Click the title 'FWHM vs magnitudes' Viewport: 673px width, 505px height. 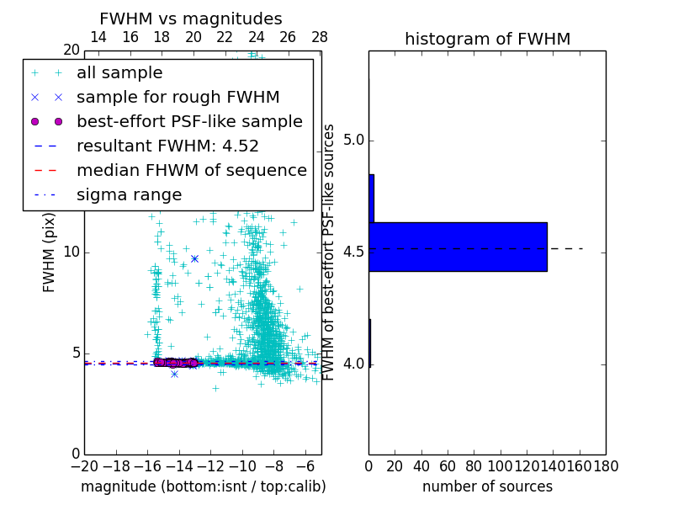point(191,19)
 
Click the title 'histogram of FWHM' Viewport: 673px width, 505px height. point(487,39)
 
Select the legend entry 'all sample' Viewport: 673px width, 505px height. point(119,73)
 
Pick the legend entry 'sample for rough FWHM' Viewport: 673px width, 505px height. point(178,97)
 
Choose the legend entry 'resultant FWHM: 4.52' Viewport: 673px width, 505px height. point(167,146)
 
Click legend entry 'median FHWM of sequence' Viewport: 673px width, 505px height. point(191,170)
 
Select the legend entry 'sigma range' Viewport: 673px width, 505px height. point(129,194)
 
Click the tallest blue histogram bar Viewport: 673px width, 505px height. point(458,247)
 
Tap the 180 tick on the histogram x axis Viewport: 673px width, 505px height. point(606,466)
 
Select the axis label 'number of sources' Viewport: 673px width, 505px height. point(487,486)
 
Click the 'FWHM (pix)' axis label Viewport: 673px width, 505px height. point(50,252)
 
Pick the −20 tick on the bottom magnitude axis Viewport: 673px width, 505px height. point(84,466)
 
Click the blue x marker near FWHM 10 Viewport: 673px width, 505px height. point(194,258)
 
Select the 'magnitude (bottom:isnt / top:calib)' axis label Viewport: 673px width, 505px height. point(203,486)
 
